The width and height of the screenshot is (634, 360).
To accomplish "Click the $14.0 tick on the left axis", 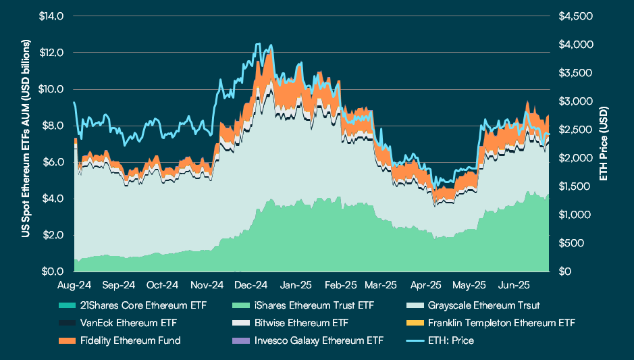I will [52, 16].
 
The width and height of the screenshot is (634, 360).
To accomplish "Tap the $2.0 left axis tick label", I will [54, 235].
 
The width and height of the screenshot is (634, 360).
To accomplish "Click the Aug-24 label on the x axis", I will [74, 285].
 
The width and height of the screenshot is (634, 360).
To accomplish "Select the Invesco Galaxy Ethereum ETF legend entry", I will [315, 340].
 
